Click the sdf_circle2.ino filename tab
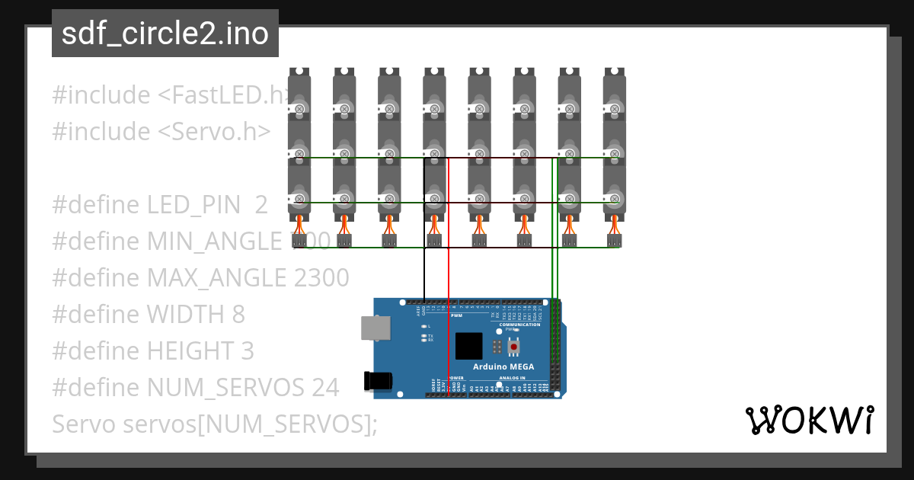pos(165,34)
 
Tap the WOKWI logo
pos(809,420)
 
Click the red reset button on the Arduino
pos(514,347)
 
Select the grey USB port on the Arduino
pos(373,328)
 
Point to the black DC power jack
pos(379,381)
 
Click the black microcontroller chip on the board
pos(469,346)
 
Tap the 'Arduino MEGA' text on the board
pos(503,366)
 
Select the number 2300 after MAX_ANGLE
pos(321,278)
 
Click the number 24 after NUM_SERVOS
pos(324,388)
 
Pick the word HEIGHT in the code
pos(187,351)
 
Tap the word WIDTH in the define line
pos(186,315)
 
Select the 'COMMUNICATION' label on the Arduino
pos(519,325)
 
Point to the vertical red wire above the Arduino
pos(449,267)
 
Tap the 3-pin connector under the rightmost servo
pos(615,241)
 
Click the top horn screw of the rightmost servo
pos(615,110)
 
